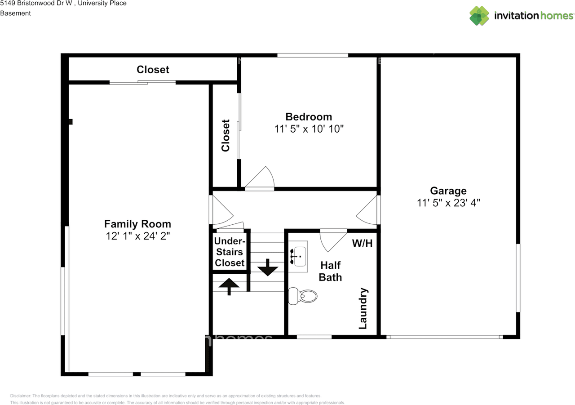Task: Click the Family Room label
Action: coord(137,224)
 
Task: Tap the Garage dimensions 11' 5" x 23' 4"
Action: coord(448,203)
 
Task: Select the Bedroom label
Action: coord(309,117)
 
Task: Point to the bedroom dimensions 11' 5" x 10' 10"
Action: coord(309,129)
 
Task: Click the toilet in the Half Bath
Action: coord(303,296)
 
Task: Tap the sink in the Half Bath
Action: coord(298,257)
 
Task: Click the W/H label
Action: coord(362,244)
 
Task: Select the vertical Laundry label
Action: coord(363,308)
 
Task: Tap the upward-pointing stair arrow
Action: coord(230,286)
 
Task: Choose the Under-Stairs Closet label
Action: coord(230,252)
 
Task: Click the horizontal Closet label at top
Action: coord(153,70)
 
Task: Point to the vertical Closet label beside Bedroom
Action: coord(226,135)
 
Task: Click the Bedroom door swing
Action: coord(261,179)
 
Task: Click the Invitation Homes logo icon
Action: coord(479,16)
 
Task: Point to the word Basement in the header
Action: coord(15,13)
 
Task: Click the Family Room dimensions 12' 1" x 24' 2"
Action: coord(137,236)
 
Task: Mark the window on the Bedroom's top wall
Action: coord(312,55)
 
